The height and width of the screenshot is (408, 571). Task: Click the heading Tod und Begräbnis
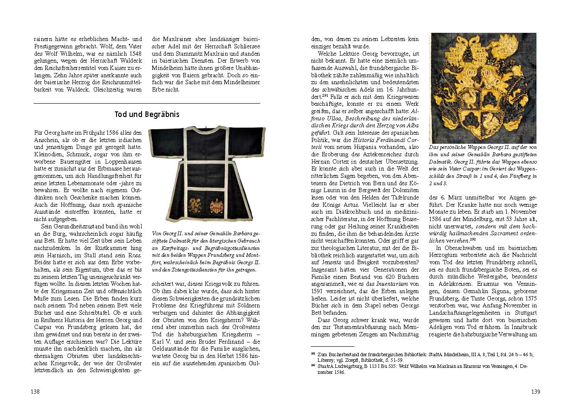point(147,114)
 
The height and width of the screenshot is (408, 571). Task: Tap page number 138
point(35,392)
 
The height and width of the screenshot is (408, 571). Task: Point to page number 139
point(535,392)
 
